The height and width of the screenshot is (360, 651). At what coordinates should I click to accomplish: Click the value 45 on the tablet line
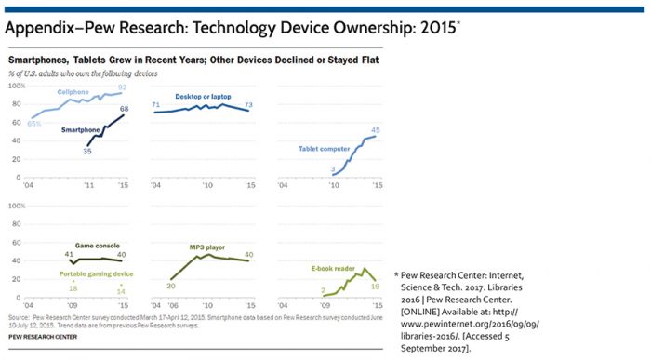coord(375,130)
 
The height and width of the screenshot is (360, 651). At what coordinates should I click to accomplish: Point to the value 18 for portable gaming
coord(73,288)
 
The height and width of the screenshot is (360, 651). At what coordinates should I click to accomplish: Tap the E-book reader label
coord(333,267)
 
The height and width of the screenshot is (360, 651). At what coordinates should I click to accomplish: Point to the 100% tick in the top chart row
coord(15,86)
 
